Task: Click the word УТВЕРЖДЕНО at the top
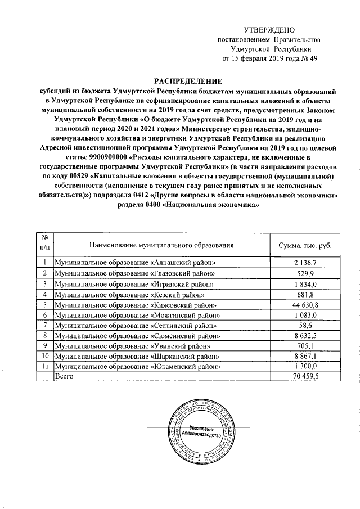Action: [269, 30]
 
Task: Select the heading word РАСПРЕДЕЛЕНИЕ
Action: [188, 80]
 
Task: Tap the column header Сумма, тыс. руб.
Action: [305, 245]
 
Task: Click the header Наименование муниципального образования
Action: [161, 245]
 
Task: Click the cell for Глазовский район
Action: [134, 273]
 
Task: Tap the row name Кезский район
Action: [129, 294]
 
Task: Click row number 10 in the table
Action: [44, 356]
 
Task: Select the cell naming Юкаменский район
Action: [138, 366]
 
